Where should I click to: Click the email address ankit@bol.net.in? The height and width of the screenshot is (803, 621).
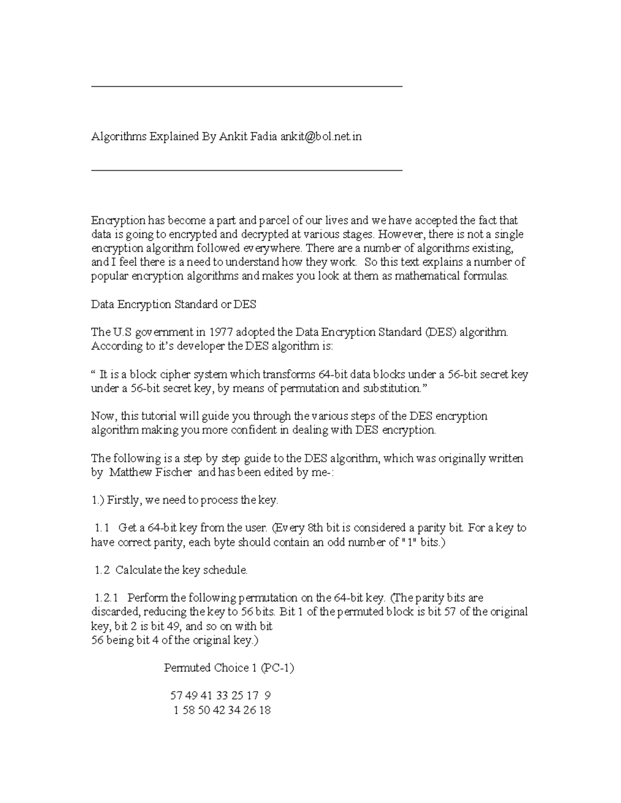coord(321,137)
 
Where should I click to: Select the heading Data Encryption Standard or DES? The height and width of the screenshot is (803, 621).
coord(173,305)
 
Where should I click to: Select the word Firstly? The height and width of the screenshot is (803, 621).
coord(123,501)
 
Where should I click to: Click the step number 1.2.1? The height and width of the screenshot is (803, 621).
coord(107,598)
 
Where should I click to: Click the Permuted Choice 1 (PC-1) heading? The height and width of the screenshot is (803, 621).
coord(229,668)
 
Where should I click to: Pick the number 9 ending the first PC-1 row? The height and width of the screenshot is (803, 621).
coord(268,696)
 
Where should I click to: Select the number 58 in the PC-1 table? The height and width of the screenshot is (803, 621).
coord(188,710)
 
